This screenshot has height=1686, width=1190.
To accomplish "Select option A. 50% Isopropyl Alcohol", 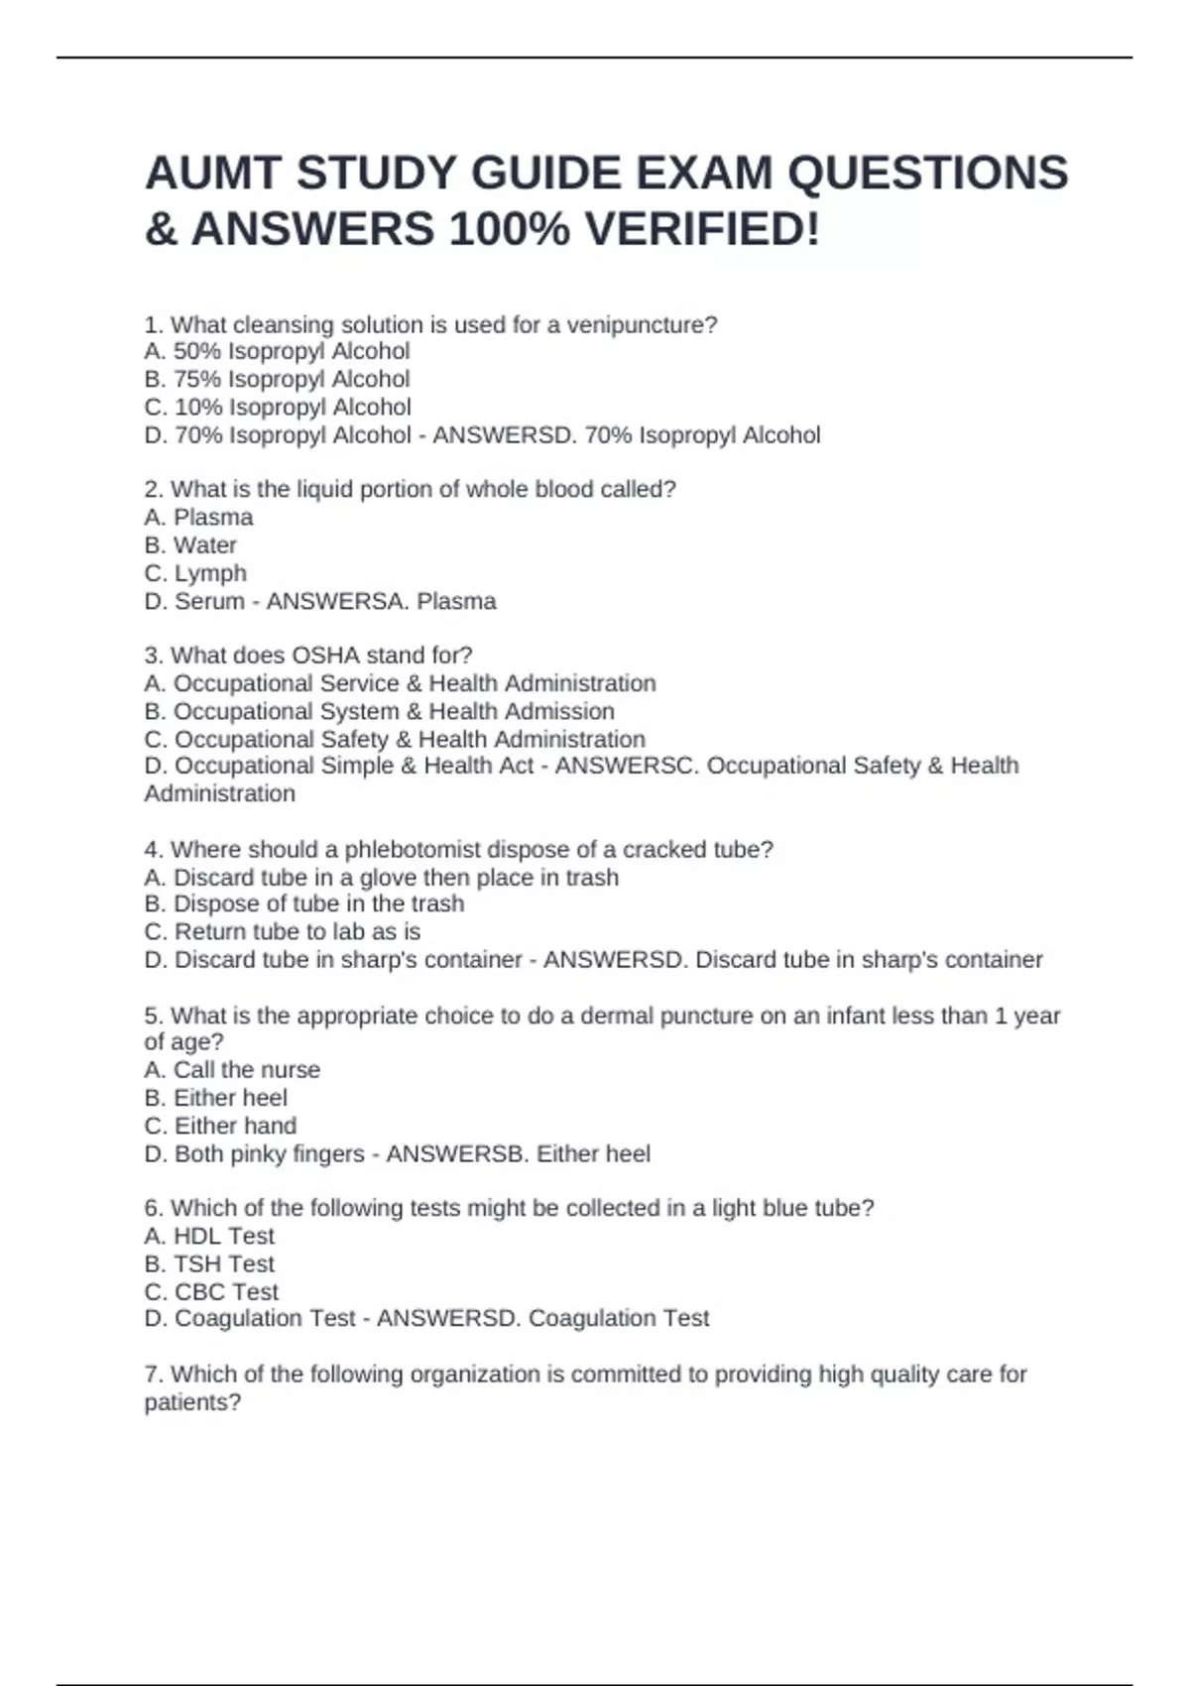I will click(x=277, y=351).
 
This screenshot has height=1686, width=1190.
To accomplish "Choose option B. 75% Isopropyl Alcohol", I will click(x=277, y=379).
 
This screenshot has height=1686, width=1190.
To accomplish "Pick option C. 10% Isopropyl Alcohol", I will click(x=278, y=407).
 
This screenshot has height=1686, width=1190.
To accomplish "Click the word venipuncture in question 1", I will click(x=641, y=324).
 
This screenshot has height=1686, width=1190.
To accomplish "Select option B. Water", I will click(x=190, y=544).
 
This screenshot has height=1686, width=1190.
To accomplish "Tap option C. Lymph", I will click(x=195, y=573).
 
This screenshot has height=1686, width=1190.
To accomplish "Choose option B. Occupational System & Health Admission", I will click(x=379, y=711).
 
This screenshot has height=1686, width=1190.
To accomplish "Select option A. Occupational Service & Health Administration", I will click(x=400, y=683).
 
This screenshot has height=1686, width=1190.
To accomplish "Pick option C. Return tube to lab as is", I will click(x=283, y=931).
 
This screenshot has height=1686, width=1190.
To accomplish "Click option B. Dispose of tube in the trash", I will click(x=303, y=903).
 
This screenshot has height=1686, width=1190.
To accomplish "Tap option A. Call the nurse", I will click(x=232, y=1069).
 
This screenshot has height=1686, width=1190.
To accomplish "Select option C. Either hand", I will click(x=220, y=1126).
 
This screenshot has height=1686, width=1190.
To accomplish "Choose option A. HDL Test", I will click(x=209, y=1236).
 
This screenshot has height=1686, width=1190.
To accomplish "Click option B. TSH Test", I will click(x=209, y=1264).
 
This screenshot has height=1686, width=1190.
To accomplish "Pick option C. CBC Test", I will click(x=211, y=1291).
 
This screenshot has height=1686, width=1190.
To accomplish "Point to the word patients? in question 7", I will click(x=192, y=1402).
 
